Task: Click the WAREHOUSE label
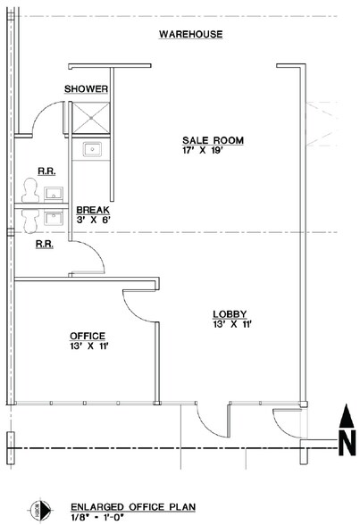(x=190, y=34)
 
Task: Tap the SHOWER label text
(x=86, y=88)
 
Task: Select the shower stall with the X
(x=91, y=118)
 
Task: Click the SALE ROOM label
(x=213, y=140)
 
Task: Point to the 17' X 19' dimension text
(x=203, y=150)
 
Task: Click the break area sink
(x=92, y=149)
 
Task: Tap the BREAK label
(x=93, y=210)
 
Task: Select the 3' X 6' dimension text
(x=94, y=220)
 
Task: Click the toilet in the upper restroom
(x=29, y=190)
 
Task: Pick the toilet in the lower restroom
(x=29, y=221)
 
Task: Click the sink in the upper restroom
(x=54, y=194)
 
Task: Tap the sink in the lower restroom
(x=54, y=219)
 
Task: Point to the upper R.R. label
(x=46, y=171)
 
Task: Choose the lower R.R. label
(x=45, y=244)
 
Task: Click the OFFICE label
(x=88, y=336)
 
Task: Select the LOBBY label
(x=230, y=314)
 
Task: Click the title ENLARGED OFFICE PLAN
(x=133, y=507)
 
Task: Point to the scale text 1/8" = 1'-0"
(x=97, y=517)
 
